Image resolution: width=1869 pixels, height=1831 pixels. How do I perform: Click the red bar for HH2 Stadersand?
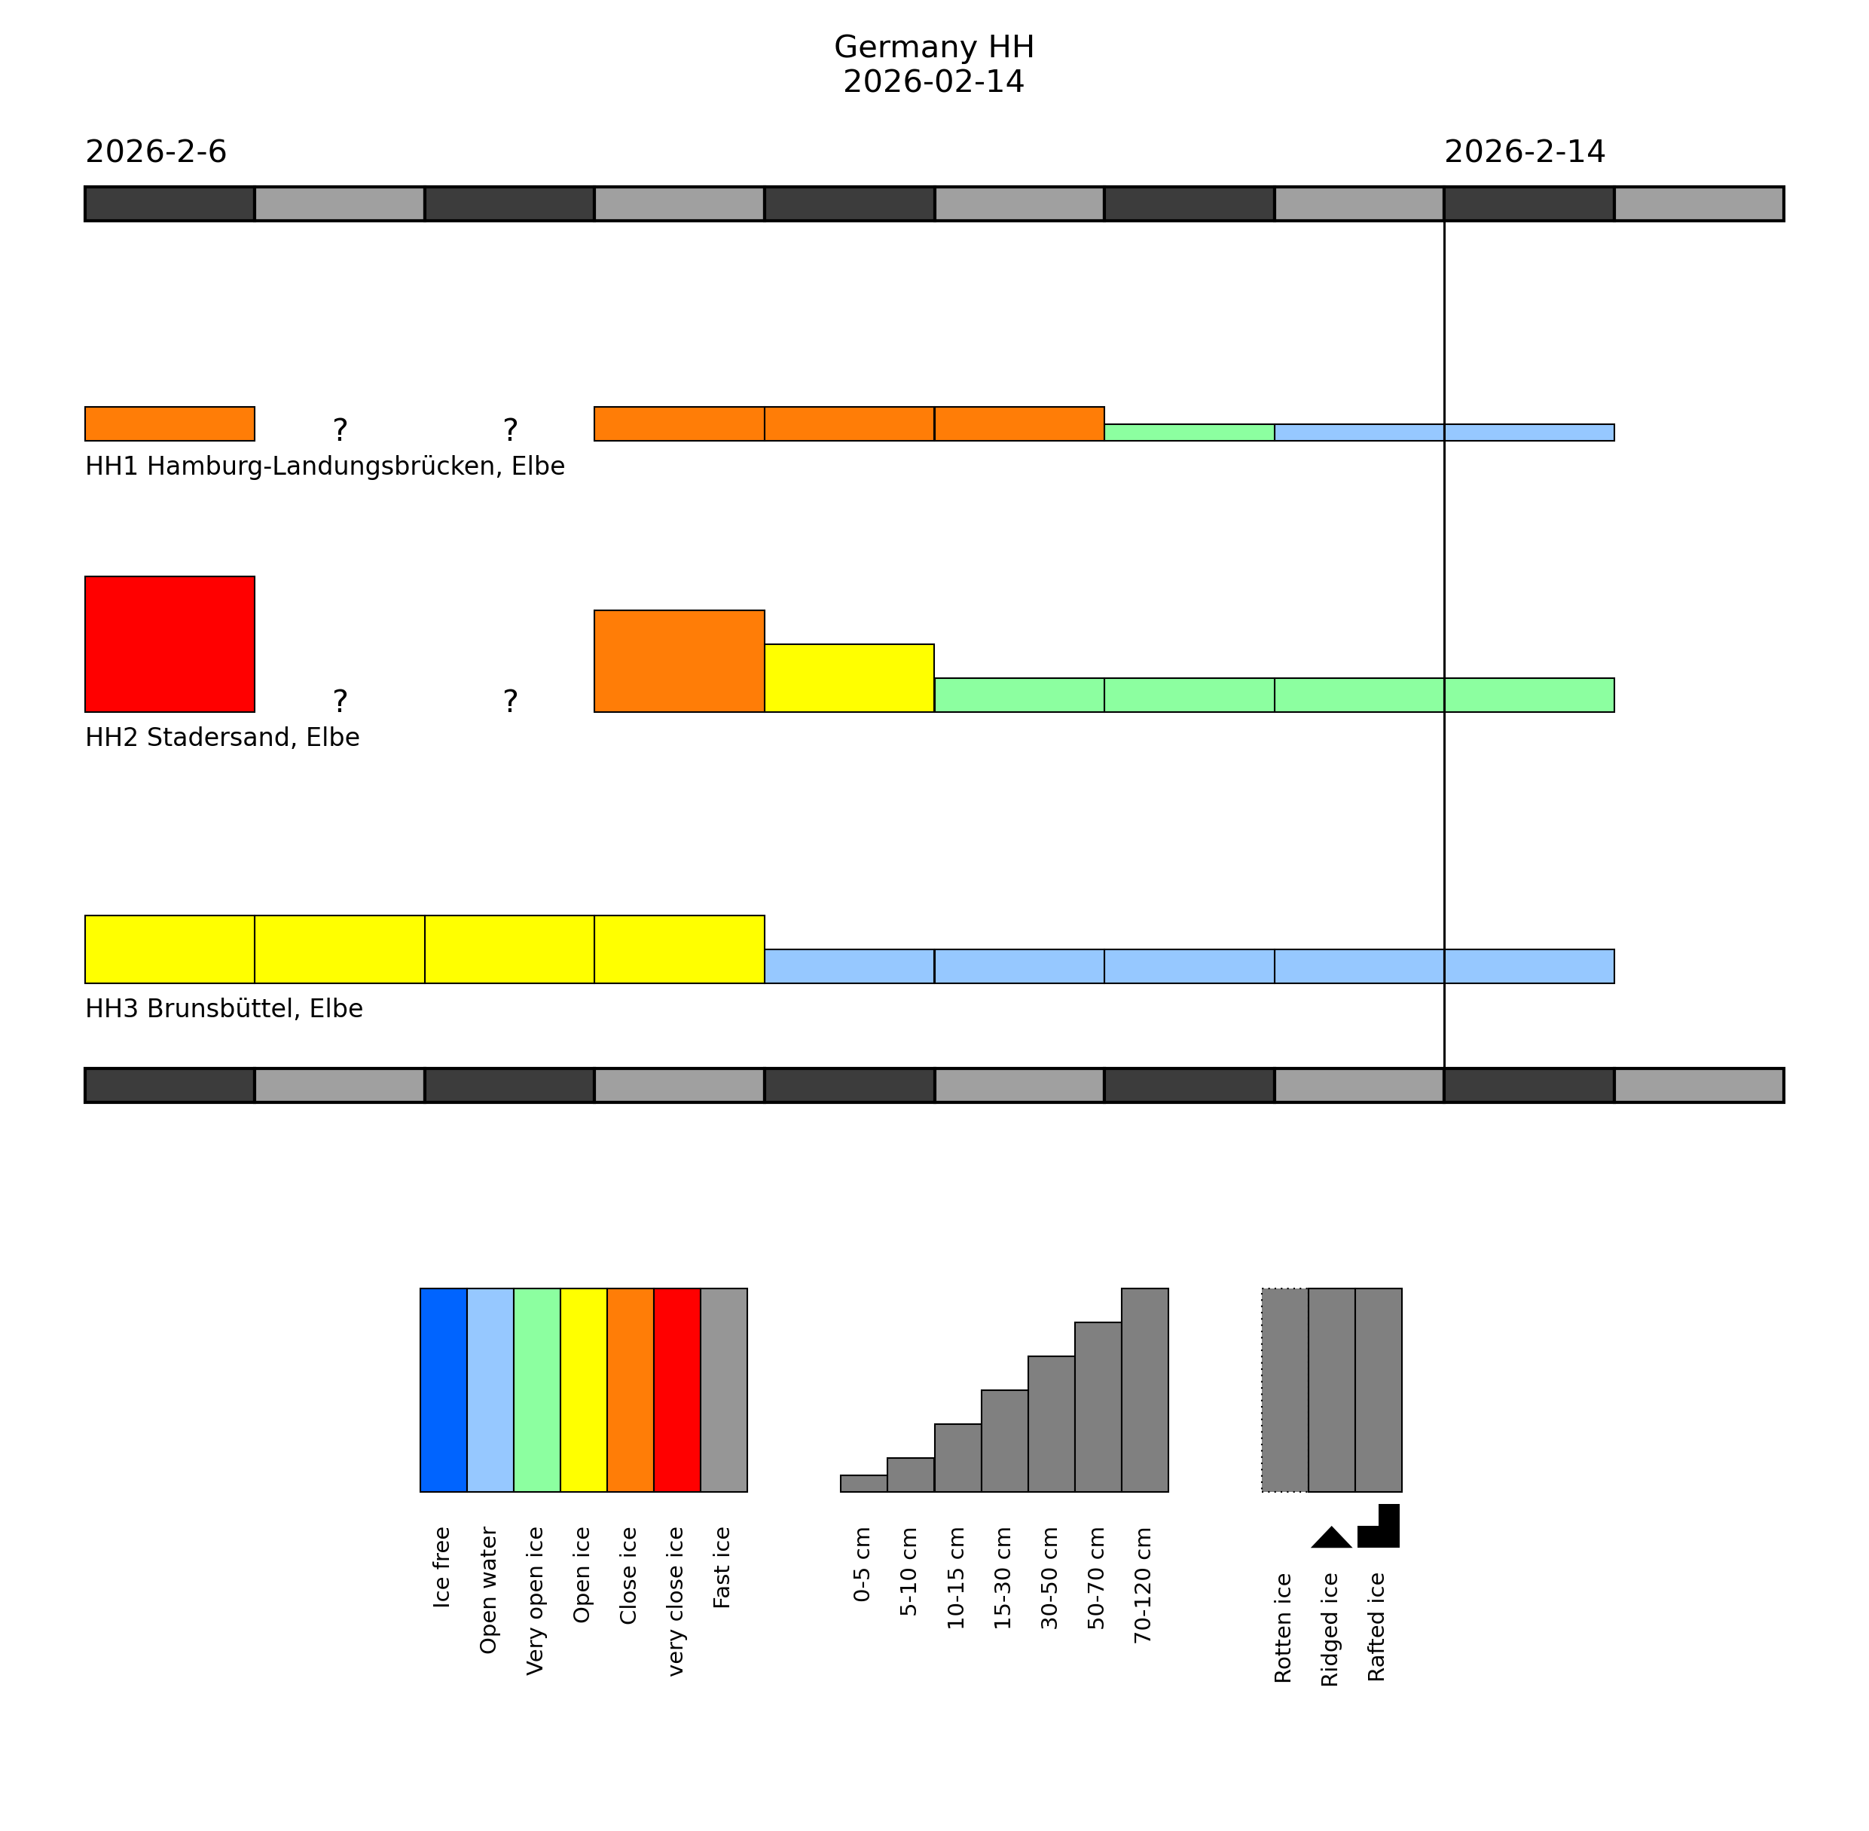(x=169, y=643)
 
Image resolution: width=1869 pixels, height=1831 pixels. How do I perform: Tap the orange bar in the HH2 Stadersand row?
(x=679, y=661)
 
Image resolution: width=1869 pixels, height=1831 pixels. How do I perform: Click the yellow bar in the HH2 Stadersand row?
(x=849, y=678)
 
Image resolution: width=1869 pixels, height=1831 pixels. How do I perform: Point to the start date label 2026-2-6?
(x=156, y=152)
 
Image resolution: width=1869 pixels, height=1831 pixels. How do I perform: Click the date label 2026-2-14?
(x=1524, y=152)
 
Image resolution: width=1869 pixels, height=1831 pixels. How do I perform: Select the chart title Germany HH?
(x=933, y=47)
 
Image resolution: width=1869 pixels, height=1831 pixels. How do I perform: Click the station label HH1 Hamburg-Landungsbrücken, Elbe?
(x=325, y=466)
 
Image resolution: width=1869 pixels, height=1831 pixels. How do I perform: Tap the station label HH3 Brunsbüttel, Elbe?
(x=224, y=1009)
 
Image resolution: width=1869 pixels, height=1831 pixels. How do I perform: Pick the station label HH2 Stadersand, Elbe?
(x=222, y=738)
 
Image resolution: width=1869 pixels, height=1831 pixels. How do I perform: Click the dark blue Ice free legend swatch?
(x=443, y=1389)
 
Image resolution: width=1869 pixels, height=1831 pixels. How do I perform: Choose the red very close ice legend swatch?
(x=676, y=1389)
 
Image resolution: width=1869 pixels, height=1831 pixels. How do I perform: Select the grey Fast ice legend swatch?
(x=724, y=1389)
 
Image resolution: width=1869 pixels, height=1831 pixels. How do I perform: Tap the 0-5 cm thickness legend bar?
(x=863, y=1483)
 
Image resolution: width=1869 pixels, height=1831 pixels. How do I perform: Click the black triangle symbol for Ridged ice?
(x=1332, y=1538)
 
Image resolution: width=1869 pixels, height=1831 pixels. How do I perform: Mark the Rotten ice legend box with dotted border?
(x=1284, y=1389)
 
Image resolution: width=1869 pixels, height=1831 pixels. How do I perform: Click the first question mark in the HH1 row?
(x=340, y=429)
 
